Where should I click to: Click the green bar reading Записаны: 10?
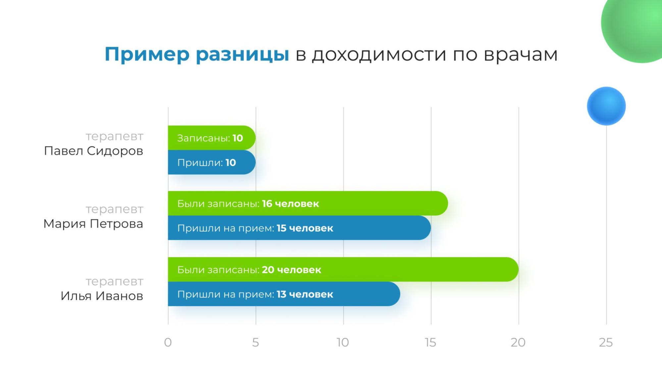[x=212, y=138]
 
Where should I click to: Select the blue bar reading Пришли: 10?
[x=212, y=162]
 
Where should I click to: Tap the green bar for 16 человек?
[x=308, y=203]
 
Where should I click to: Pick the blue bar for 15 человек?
[x=299, y=228]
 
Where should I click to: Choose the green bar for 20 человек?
[x=343, y=269]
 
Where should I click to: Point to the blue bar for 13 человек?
[x=284, y=294]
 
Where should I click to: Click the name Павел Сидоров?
[x=93, y=151]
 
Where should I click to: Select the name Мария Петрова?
[x=93, y=224]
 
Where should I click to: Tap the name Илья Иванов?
[x=102, y=296]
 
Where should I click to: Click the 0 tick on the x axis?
[x=168, y=342]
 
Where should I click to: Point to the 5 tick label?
[x=255, y=342]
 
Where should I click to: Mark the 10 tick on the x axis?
[x=343, y=342]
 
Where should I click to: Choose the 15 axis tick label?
[x=431, y=342]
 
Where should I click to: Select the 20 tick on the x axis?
[x=518, y=342]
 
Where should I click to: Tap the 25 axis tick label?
[x=606, y=342]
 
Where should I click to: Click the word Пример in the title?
[x=147, y=54]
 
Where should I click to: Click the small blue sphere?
[x=606, y=106]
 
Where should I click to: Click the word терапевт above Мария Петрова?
[x=114, y=209]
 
